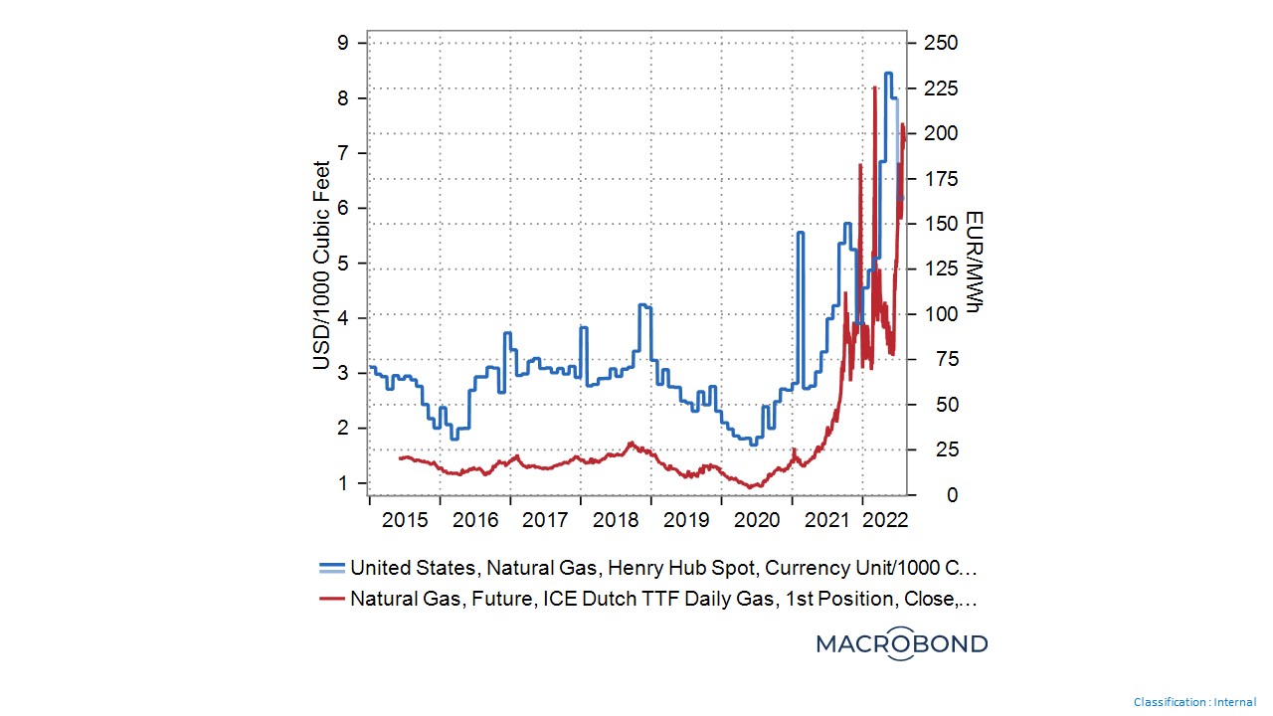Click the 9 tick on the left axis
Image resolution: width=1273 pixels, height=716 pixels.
(342, 43)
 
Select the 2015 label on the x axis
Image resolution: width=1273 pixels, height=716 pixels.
(405, 519)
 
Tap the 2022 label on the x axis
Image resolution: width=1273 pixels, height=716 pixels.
(884, 519)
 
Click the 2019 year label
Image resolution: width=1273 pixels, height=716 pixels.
(686, 519)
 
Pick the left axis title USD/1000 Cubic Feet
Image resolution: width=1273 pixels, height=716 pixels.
(321, 265)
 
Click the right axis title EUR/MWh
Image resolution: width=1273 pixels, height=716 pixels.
(974, 265)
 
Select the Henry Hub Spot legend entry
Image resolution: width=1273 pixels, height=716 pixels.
(663, 568)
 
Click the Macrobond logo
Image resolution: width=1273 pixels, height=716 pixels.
(902, 643)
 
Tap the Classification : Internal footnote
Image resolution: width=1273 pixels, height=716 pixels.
(1194, 702)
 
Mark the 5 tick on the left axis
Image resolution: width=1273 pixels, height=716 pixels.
(342, 264)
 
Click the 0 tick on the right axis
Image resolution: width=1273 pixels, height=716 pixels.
(925, 495)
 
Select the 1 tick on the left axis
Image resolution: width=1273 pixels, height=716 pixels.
(342, 483)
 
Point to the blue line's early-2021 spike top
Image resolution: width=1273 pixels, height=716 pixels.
(801, 233)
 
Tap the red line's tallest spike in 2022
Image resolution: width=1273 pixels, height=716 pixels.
(874, 88)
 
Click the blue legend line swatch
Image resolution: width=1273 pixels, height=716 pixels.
(332, 568)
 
